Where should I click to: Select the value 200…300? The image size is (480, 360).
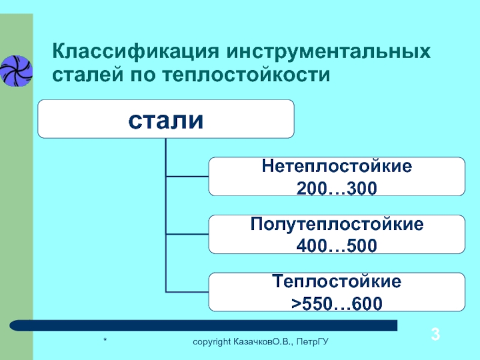[x=337, y=188]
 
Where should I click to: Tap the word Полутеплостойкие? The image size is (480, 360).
[x=337, y=224]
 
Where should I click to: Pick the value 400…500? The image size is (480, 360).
[x=337, y=246]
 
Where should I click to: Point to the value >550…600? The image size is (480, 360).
[x=337, y=303]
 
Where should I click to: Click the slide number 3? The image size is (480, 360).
[x=436, y=334]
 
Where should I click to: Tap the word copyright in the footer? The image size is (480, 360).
[x=212, y=342]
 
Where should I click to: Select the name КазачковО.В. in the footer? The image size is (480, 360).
[x=264, y=342]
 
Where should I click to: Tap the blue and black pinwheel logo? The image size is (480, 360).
[x=16, y=71]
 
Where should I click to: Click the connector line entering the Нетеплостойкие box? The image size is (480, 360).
[x=187, y=176]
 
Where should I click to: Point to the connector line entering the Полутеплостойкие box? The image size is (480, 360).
[x=187, y=234]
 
